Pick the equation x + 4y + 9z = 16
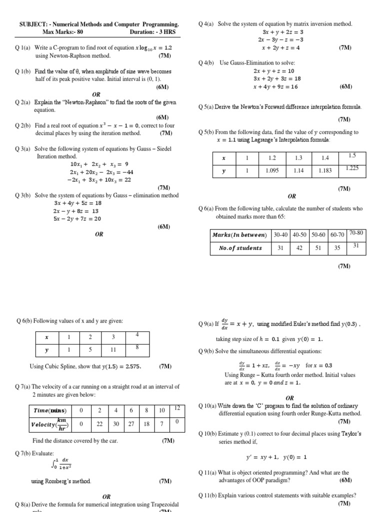[275, 86]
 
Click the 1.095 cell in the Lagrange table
[272, 170]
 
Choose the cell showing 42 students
[299, 247]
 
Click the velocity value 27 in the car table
[131, 424]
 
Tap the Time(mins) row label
[49, 410]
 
